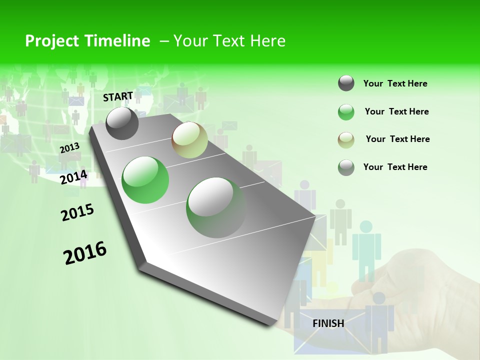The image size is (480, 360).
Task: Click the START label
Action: pos(118,96)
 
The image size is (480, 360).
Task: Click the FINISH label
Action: pos(328,323)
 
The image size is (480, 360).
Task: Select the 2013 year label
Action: pos(69,148)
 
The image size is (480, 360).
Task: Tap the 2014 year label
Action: pos(74,177)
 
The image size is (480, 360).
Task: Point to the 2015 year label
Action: pos(77,212)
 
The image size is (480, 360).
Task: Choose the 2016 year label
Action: pos(85,253)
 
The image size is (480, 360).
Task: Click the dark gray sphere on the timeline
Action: pos(122,123)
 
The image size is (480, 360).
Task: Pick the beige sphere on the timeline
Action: pos(189,140)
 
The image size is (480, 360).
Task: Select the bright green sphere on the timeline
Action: pos(145,180)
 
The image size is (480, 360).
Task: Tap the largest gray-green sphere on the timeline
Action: pos(216,207)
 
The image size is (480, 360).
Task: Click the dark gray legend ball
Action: pos(346,83)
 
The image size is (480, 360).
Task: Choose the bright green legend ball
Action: pos(346,112)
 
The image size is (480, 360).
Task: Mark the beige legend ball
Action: pos(346,140)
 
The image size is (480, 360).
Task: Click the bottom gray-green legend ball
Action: pos(346,167)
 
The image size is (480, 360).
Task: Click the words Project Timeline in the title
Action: pos(87,41)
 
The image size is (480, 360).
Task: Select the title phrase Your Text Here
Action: pos(229,41)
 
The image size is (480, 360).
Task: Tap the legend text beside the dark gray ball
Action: pos(395,83)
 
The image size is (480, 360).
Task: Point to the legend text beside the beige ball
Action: pos(397,139)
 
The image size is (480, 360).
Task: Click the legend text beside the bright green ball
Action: pos(396,111)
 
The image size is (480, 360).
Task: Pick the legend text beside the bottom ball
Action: pos(395,167)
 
